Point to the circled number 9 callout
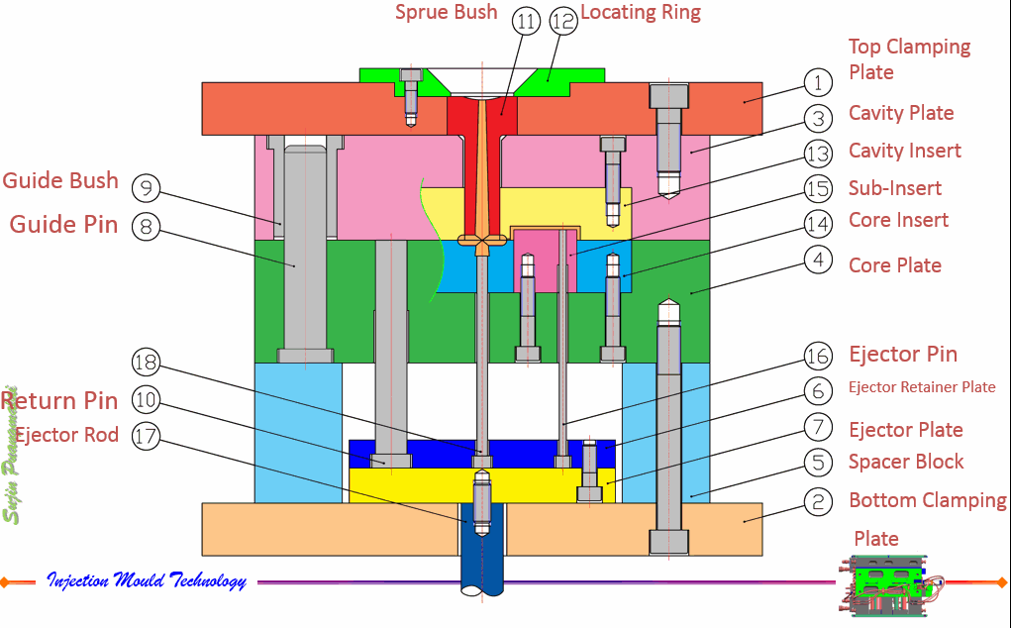pos(146,187)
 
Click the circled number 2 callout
pos(817,502)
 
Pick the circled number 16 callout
pos(817,355)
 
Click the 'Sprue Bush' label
pos(446,13)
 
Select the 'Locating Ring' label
pos(640,13)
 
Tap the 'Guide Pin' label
pos(63,225)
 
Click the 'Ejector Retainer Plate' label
pos(922,387)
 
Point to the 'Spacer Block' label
pos(905,462)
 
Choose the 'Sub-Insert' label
pos(894,188)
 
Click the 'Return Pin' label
pos(59,401)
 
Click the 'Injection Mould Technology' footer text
pos(147,580)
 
